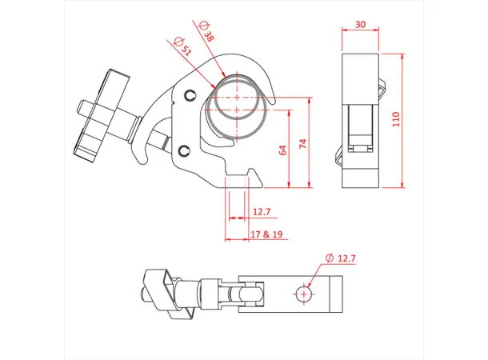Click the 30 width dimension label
tap(361, 25)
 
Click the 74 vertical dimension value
tap(302, 143)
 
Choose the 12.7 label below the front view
tap(262, 213)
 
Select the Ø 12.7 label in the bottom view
tap(342, 258)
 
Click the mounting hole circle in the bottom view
tap(303, 294)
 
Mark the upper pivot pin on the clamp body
tap(190, 96)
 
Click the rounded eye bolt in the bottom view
tap(248, 294)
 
